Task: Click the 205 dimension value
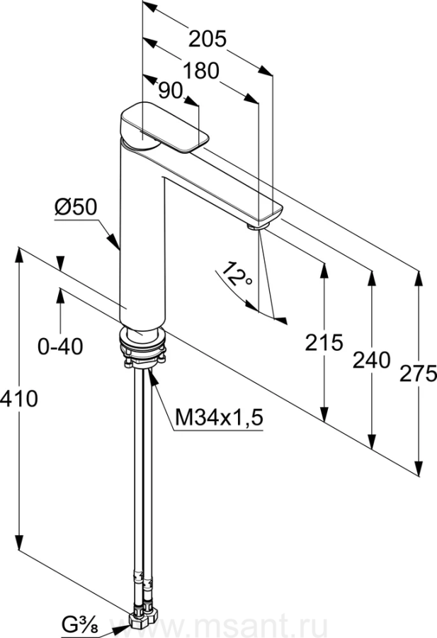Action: (208, 40)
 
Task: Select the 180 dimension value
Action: (201, 71)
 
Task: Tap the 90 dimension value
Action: (170, 91)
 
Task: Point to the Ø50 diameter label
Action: (76, 207)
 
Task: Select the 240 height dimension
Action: (371, 360)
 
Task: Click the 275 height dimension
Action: (418, 374)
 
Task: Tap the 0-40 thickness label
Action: (60, 347)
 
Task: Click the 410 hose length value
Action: (18, 398)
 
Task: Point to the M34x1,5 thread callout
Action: (219, 417)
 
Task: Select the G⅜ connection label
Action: (81, 622)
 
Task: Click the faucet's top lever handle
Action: (164, 127)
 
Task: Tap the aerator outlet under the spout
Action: (258, 225)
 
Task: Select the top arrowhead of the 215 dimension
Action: (324, 271)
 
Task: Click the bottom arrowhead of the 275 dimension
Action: (418, 466)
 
